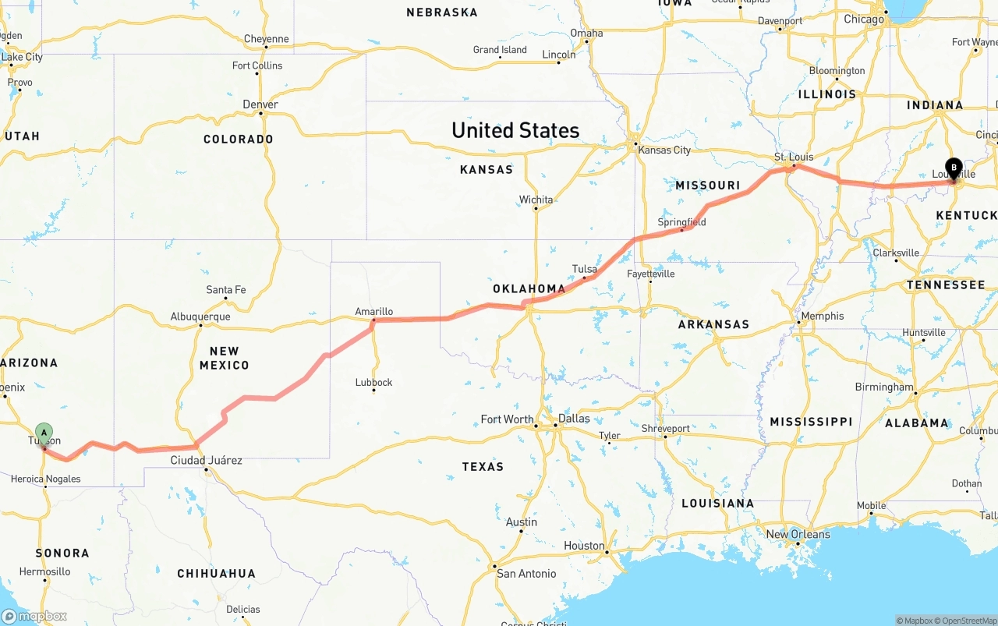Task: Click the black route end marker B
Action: coord(953,167)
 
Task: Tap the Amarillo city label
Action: coord(373,311)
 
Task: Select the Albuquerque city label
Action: coord(200,317)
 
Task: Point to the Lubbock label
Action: coord(373,382)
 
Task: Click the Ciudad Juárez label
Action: coord(206,460)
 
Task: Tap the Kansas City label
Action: coord(664,150)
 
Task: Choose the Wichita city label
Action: coord(536,200)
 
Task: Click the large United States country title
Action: coord(515,130)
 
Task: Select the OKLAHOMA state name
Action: coord(529,288)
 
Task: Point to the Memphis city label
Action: coord(822,316)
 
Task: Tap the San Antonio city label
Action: coord(526,573)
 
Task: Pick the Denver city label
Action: coord(260,104)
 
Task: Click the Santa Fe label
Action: coord(225,290)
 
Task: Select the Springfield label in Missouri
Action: coord(681,222)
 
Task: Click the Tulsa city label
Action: coord(584,269)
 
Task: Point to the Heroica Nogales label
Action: coord(45,479)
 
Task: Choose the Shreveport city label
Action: coord(665,428)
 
